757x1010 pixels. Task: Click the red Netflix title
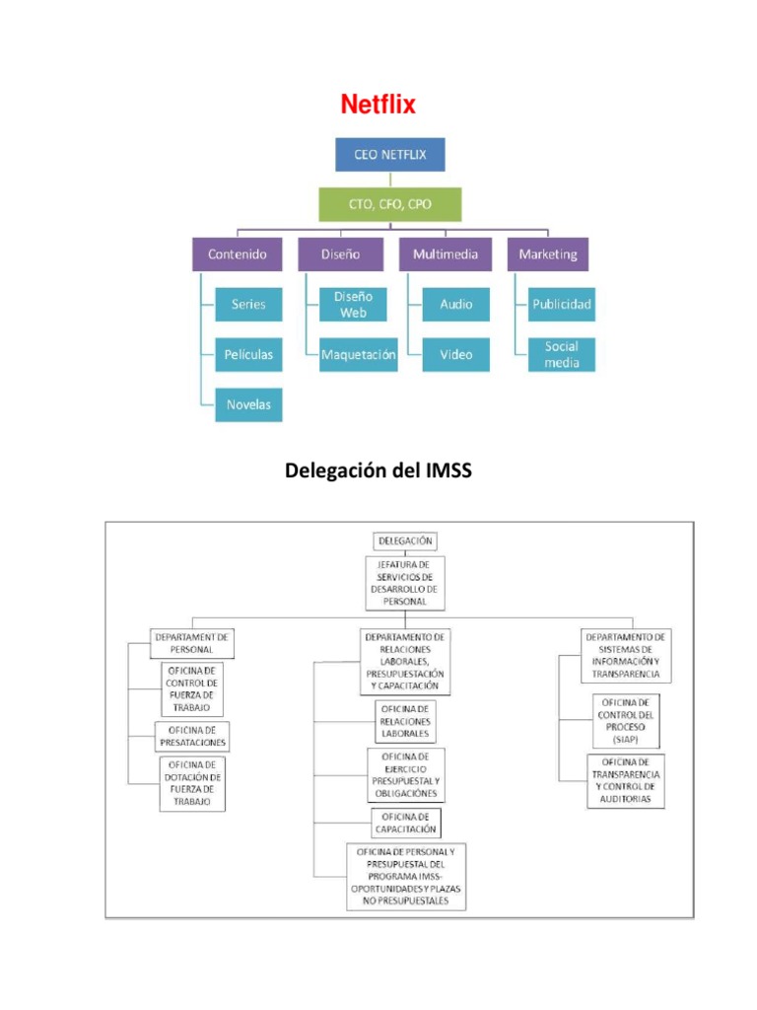(x=378, y=105)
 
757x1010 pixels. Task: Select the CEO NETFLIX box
(x=390, y=155)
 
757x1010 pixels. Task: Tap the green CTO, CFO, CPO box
(x=390, y=204)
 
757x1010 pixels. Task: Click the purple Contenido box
(x=237, y=253)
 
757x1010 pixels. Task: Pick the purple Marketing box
(x=548, y=253)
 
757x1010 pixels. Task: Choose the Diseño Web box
(x=353, y=305)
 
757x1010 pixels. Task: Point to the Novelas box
(x=248, y=404)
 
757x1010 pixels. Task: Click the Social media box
(x=561, y=354)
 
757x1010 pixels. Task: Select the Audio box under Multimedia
(x=455, y=305)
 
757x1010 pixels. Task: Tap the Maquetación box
(x=359, y=354)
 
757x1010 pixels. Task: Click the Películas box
(x=248, y=354)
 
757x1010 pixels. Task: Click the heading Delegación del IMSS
(x=378, y=471)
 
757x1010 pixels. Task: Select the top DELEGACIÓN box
(x=404, y=541)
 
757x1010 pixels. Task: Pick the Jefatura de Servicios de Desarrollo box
(x=404, y=582)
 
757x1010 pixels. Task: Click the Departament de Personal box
(x=193, y=643)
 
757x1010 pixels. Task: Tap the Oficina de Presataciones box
(x=193, y=736)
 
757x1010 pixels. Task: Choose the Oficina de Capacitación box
(x=405, y=823)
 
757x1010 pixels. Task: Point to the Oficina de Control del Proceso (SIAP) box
(x=624, y=721)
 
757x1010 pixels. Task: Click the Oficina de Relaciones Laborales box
(x=404, y=721)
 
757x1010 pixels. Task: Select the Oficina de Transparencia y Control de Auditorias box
(x=625, y=780)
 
